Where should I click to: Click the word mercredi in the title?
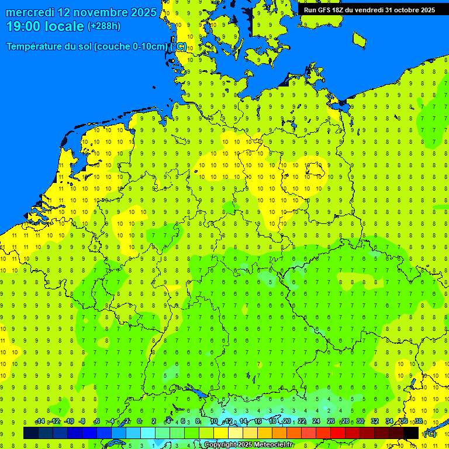pyautogui.click(x=30, y=12)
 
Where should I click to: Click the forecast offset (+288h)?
pyautogui.click(x=103, y=26)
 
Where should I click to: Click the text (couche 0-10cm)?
pyautogui.click(x=134, y=47)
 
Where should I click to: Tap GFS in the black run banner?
pyautogui.click(x=325, y=9)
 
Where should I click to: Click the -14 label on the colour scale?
pyautogui.click(x=40, y=422)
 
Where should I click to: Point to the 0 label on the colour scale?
pyautogui.click(x=139, y=422)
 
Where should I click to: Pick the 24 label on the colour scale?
pyautogui.click(x=316, y=422)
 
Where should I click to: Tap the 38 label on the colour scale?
pyautogui.click(x=419, y=422)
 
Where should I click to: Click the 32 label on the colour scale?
pyautogui.click(x=375, y=422)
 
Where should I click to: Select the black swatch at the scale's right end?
pyautogui.click(x=411, y=433)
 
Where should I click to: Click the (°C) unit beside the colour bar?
pyautogui.click(x=430, y=433)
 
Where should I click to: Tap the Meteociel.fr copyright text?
pyautogui.click(x=248, y=445)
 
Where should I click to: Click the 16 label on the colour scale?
pyautogui.click(x=257, y=422)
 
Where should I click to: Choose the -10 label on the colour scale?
pyautogui.click(x=69, y=422)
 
